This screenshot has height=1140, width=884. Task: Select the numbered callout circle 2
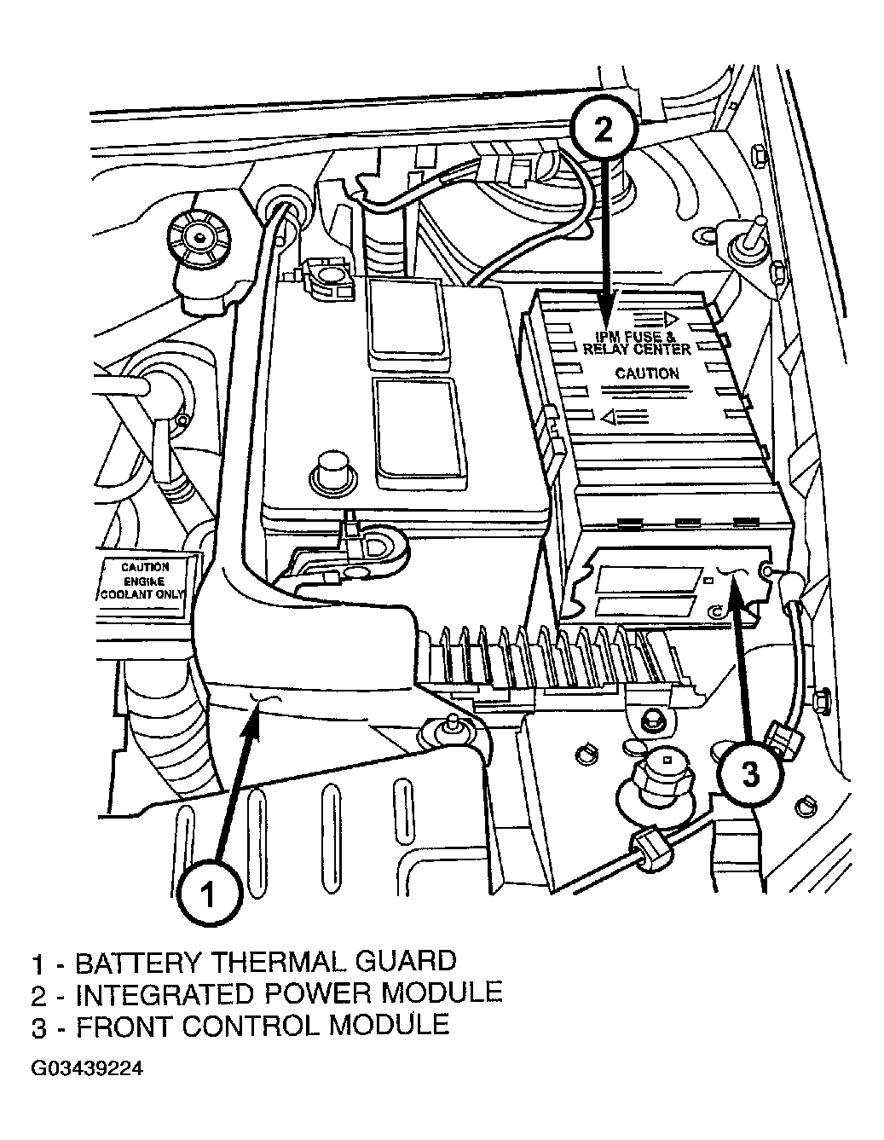(604, 129)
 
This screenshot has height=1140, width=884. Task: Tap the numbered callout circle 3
(751, 773)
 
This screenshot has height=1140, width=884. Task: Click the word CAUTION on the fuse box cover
(646, 373)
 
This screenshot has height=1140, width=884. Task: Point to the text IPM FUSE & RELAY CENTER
(637, 343)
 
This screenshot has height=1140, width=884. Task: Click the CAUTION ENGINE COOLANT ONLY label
(142, 582)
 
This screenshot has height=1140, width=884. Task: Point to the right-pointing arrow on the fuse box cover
(656, 318)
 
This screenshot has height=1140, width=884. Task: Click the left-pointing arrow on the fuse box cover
(625, 417)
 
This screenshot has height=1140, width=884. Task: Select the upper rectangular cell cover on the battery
(407, 318)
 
